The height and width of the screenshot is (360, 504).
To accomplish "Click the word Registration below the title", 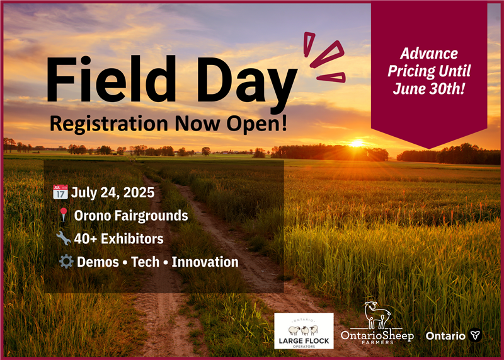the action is [109, 124].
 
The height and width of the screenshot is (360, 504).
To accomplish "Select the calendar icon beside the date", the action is [60, 192].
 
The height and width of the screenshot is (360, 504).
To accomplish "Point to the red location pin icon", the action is [64, 214].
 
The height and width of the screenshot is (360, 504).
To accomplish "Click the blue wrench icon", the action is [64, 238].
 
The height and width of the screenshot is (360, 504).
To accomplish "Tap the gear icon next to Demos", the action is [66, 262].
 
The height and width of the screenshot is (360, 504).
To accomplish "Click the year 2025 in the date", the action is [139, 192].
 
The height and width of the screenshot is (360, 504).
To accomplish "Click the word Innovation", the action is [205, 262].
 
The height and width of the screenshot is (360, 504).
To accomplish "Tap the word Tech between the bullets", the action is [146, 262].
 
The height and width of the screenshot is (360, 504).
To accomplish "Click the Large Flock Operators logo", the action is [304, 331].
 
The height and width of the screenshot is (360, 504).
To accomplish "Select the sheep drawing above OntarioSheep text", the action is [377, 315].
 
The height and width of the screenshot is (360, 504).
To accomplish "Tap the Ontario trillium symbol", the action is [474, 335].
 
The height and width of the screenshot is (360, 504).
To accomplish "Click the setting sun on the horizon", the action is [357, 144].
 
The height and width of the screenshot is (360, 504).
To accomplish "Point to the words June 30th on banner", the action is [429, 88].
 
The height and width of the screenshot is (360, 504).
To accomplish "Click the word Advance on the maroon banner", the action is [429, 54].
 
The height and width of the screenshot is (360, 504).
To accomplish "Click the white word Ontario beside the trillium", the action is [445, 336].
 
